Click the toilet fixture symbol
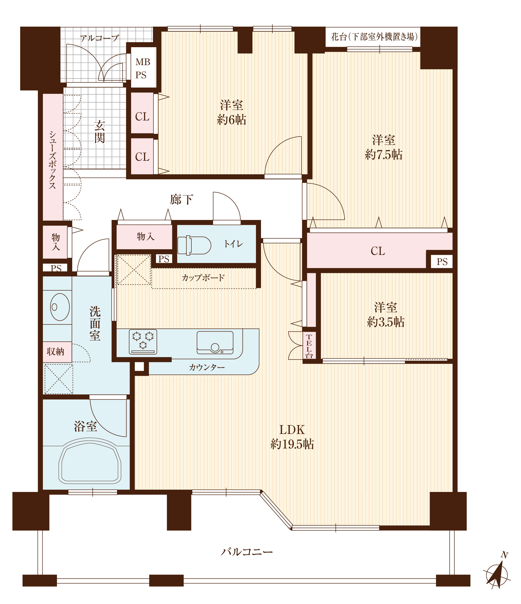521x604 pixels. click(x=194, y=245)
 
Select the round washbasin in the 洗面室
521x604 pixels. click(x=60, y=307)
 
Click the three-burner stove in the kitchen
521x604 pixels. click(x=143, y=342)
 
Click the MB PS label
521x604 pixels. click(x=143, y=68)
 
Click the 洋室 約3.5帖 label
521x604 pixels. click(x=386, y=315)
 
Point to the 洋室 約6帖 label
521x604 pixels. click(x=231, y=112)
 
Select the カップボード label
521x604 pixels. click(x=203, y=278)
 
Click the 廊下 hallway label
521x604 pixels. click(x=182, y=200)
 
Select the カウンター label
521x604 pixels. click(x=207, y=367)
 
